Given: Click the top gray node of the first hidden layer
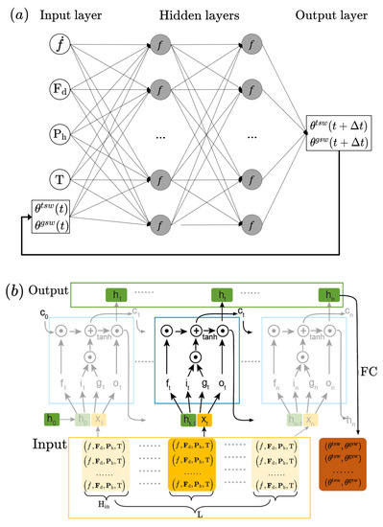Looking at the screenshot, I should tap(156, 44).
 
